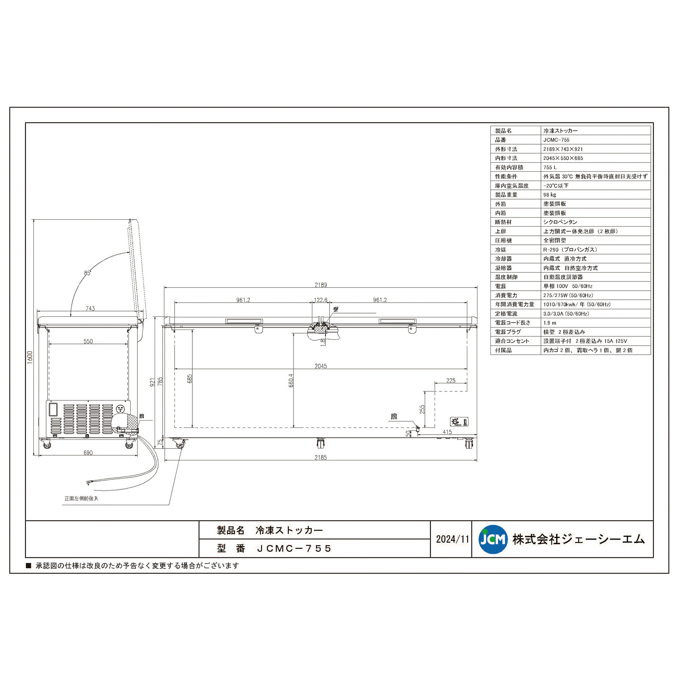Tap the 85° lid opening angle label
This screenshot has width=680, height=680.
[87, 273]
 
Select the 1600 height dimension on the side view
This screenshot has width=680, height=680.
[30, 357]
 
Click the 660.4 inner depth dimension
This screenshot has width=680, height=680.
[291, 381]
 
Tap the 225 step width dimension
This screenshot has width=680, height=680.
[450, 381]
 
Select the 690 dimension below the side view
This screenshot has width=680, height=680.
[88, 453]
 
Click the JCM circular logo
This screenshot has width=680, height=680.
[493, 539]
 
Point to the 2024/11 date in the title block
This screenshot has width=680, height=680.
[452, 539]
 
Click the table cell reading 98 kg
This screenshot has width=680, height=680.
[549, 195]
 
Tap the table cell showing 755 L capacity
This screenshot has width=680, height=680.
[550, 167]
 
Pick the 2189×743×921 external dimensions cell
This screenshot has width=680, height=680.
[563, 149]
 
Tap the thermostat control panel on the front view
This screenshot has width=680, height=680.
[459, 422]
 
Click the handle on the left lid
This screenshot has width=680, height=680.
[244, 321]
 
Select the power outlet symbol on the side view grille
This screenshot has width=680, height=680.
[121, 409]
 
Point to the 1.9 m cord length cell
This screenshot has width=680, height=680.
[550, 323]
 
